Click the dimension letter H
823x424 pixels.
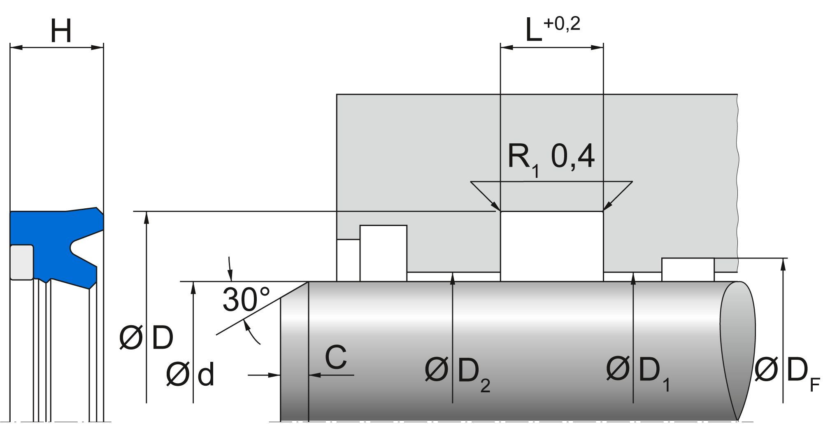pyautogui.click(x=61, y=31)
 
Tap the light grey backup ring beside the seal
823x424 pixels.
pyautogui.click(x=21, y=262)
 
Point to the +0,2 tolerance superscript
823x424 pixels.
pyautogui.click(x=562, y=24)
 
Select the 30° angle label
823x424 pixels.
pyautogui.click(x=246, y=299)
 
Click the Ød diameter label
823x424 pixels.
pyautogui.click(x=190, y=375)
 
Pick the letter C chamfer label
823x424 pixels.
pyautogui.click(x=336, y=357)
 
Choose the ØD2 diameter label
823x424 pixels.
pyautogui.click(x=457, y=372)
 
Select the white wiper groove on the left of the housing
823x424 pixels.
pyautogui.click(x=383, y=253)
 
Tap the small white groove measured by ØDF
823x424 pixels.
pyautogui.click(x=688, y=270)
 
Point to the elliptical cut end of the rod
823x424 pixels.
pyautogui.click(x=737, y=350)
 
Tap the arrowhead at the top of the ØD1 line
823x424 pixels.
pyautogui.click(x=633, y=277)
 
